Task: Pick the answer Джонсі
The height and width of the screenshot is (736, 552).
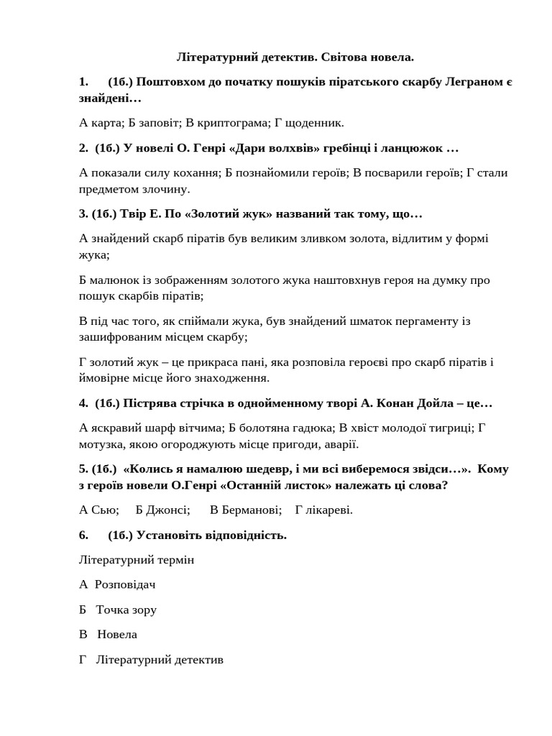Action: (168, 510)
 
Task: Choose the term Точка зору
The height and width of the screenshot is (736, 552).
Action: (126, 609)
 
